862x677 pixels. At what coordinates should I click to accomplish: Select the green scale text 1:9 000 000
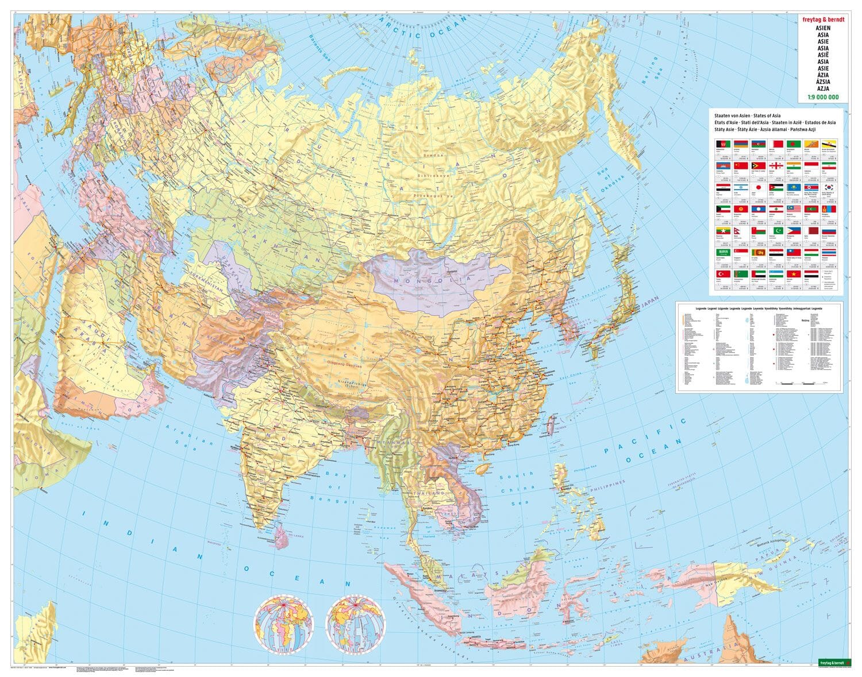click(818, 97)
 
